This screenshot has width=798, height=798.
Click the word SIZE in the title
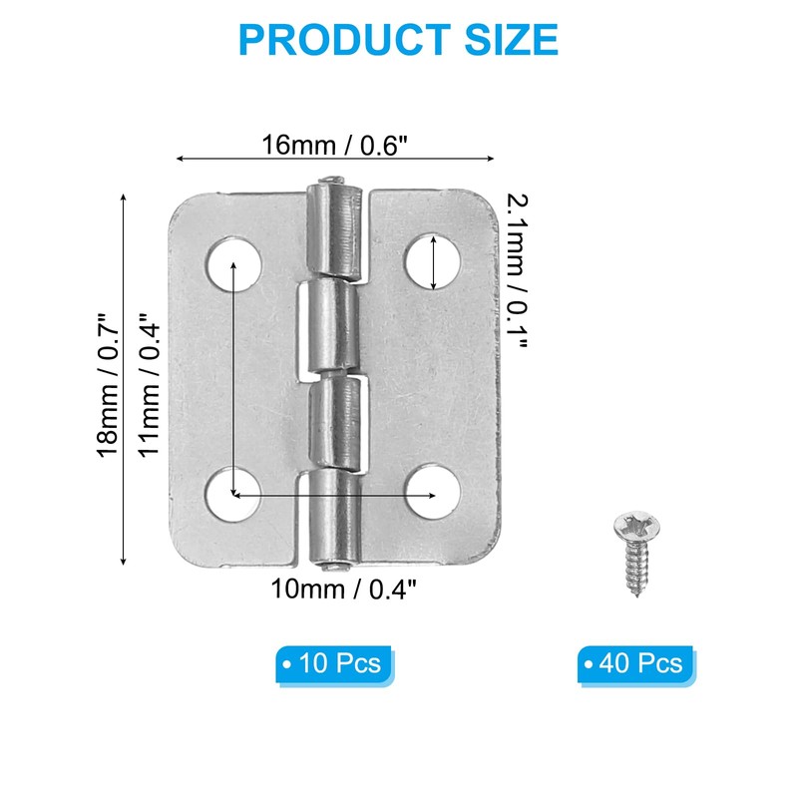[x=509, y=40]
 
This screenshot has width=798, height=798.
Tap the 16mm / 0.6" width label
[x=335, y=144]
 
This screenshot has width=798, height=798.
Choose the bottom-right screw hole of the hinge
[x=434, y=494]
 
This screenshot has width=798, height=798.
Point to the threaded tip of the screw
[x=635, y=591]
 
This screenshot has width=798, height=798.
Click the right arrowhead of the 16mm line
[x=490, y=158]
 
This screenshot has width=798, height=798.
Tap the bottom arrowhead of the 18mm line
[x=124, y=561]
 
